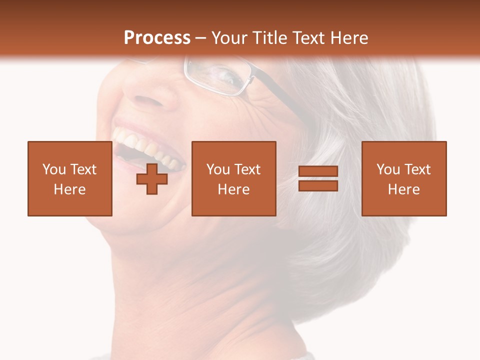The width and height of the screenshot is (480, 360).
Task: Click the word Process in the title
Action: click(157, 38)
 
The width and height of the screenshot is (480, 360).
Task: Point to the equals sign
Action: click(318, 178)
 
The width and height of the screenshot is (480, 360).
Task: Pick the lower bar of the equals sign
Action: click(318, 185)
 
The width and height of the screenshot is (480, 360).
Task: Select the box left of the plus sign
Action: click(69, 178)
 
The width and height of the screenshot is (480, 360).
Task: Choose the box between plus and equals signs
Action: click(233, 178)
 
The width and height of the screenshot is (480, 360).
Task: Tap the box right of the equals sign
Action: click(403, 178)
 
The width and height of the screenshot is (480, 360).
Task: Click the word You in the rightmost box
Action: click(388, 169)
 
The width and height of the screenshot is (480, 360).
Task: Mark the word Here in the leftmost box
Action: click(69, 189)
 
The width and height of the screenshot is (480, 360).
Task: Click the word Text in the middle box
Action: click(247, 169)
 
